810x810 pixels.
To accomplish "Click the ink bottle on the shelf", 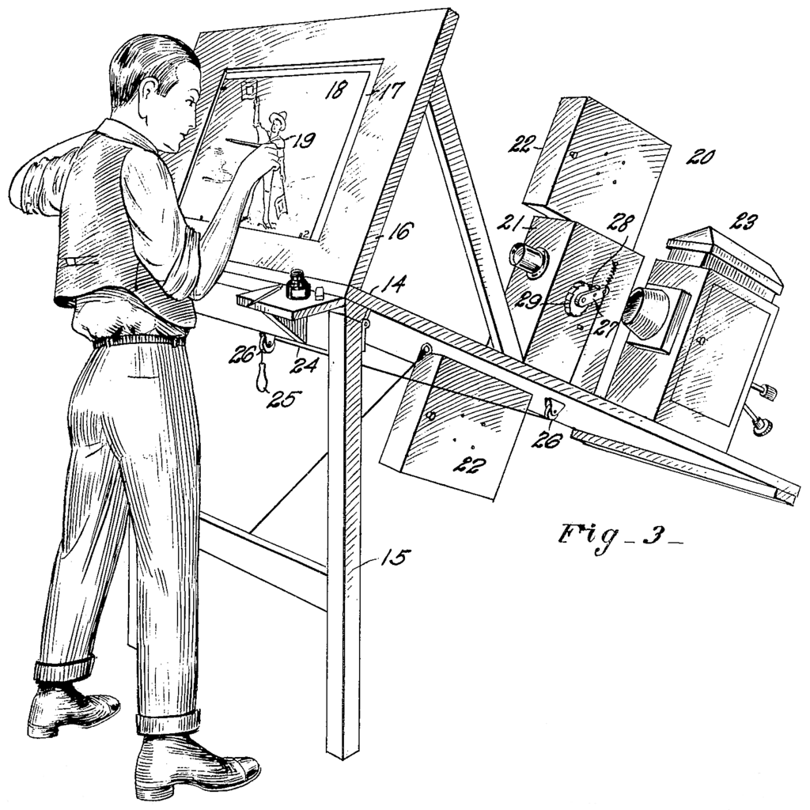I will pos(297,285).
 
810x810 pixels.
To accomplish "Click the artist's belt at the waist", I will pos(138,341).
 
